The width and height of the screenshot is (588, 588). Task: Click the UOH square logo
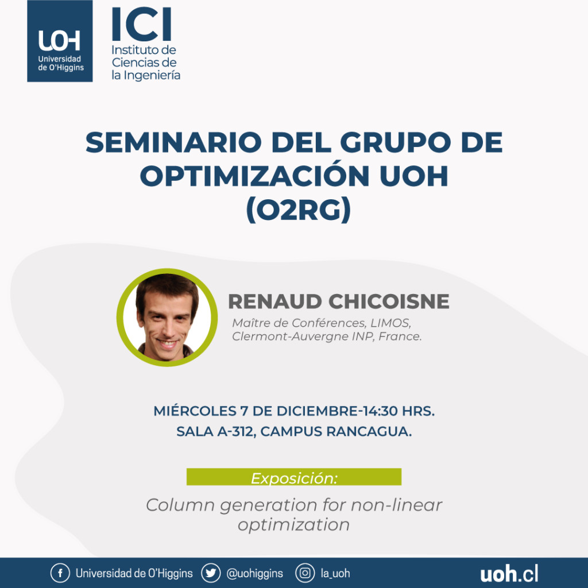(x=60, y=41)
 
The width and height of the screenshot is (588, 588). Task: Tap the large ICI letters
(x=142, y=24)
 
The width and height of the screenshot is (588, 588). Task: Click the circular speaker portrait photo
(x=167, y=317)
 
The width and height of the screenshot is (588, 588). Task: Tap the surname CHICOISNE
(x=389, y=301)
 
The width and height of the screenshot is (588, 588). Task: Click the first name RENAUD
(x=275, y=301)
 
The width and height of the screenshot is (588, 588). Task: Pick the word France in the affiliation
(x=400, y=336)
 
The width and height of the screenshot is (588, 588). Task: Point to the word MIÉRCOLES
(x=195, y=411)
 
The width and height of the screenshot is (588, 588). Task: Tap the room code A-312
(x=237, y=432)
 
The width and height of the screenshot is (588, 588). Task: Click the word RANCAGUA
(x=369, y=432)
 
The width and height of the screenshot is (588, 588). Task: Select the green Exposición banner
(x=294, y=477)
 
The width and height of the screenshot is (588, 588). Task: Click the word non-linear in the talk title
(x=396, y=505)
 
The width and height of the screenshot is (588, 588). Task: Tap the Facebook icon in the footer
(x=60, y=573)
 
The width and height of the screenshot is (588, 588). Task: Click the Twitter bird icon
(x=211, y=573)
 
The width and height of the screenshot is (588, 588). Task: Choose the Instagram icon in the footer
(x=305, y=573)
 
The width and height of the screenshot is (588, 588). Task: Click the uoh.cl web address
(x=509, y=574)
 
